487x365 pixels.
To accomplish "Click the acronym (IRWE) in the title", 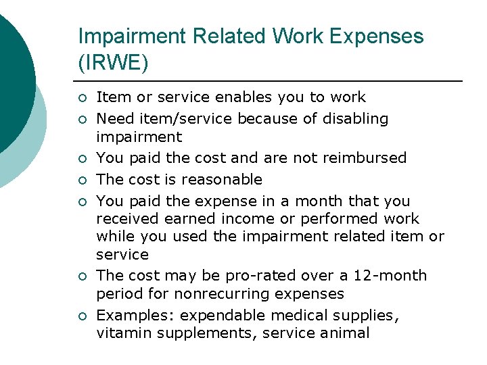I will tap(113, 62).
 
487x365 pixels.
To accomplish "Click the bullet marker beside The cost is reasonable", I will tap(82, 180).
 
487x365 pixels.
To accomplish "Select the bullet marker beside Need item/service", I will tap(82, 120).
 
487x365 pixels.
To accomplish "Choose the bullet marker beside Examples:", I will tap(82, 316).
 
